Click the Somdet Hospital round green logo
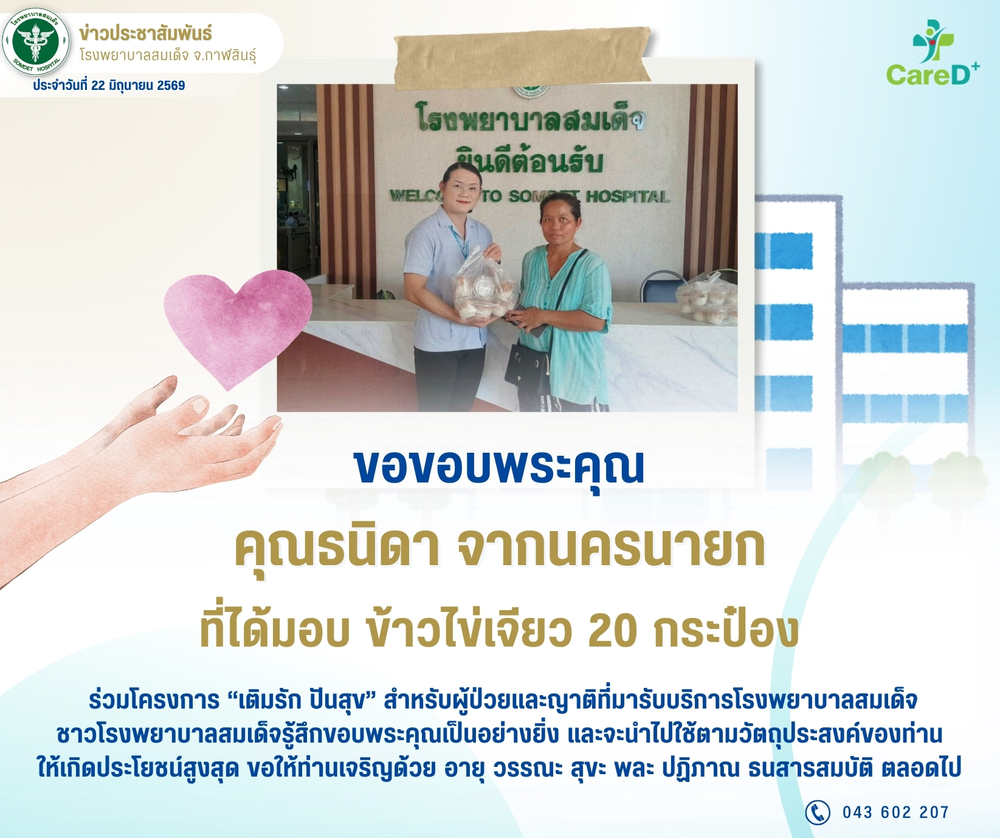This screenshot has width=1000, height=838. (x=36, y=41)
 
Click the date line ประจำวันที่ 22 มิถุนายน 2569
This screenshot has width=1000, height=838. (x=109, y=86)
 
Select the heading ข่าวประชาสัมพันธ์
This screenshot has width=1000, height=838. (x=145, y=33)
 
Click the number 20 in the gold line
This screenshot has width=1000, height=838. (x=613, y=631)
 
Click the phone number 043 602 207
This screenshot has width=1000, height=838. (x=895, y=812)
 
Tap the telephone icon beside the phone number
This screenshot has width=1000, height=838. (x=818, y=812)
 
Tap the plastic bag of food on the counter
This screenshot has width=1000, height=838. (x=706, y=298)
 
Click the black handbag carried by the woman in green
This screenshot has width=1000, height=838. (x=528, y=368)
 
